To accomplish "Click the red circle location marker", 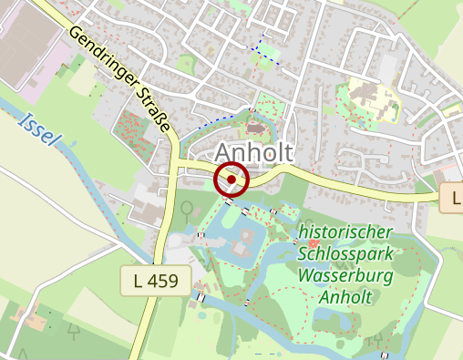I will point(231,180).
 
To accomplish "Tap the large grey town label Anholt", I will point(255,152).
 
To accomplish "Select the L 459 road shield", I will point(156,281).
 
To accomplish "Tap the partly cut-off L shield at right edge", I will point(453,197).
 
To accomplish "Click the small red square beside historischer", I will point(314,243).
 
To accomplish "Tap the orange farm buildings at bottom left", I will point(36,320).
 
